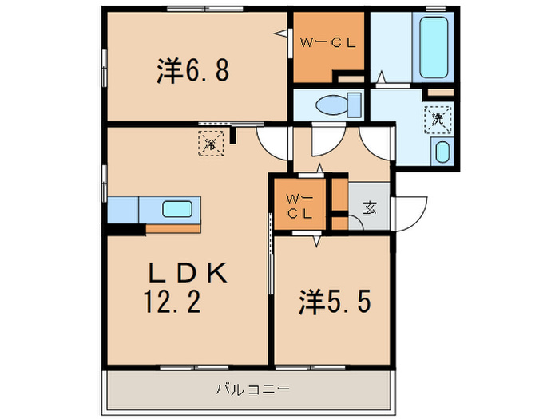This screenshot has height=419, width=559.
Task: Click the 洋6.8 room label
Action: [193, 71]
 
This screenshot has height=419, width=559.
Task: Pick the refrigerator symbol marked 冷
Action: [209, 144]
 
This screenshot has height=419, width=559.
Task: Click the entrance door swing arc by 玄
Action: [409, 211]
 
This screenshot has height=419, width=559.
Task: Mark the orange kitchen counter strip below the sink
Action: [172, 228]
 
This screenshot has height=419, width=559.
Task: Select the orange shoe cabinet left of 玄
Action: [339, 208]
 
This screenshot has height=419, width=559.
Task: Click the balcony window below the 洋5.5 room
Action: [311, 367]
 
